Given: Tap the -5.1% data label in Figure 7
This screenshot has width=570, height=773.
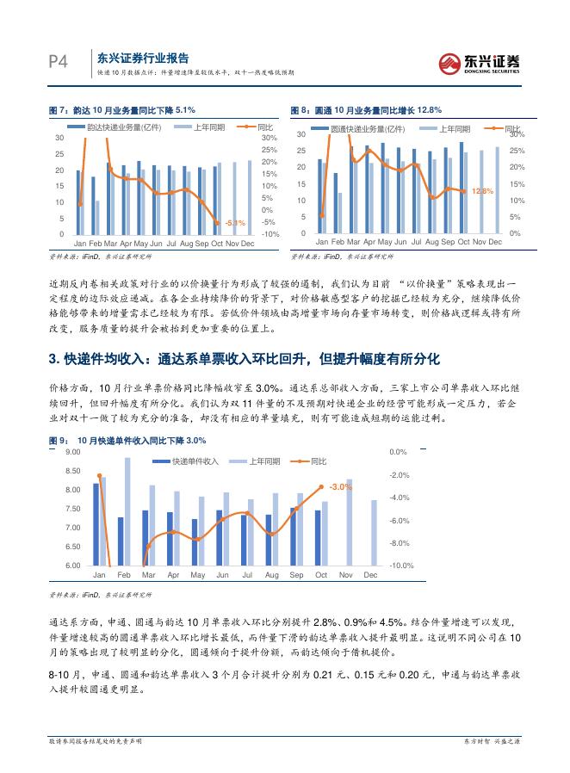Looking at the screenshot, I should [234, 223].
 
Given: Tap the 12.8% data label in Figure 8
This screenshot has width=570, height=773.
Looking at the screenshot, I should [482, 191].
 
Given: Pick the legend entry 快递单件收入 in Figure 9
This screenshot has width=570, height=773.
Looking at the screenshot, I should [190, 461].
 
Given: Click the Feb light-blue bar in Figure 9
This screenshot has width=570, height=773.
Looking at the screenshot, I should [127, 511].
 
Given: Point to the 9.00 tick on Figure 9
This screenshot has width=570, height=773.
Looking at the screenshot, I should [72, 451].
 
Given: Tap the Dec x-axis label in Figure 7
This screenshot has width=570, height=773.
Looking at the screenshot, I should [248, 244].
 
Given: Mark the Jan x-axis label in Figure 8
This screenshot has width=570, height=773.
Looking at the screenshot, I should [320, 244].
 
